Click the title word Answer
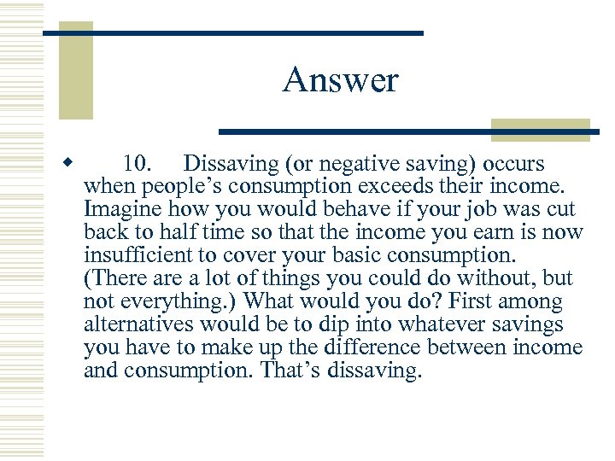tap(340, 81)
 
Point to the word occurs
tap(514, 163)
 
